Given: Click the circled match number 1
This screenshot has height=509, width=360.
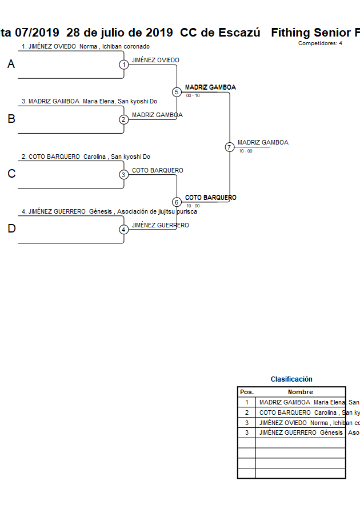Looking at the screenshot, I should click(123, 65).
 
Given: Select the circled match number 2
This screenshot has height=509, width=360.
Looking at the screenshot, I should click(123, 119).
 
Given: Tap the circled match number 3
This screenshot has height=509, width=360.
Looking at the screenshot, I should click(123, 175).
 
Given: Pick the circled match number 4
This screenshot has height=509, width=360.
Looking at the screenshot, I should click(123, 230).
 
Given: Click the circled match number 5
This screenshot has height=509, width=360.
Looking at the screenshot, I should click(177, 92).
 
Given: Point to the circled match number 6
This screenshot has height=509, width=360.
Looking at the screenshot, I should click(177, 202).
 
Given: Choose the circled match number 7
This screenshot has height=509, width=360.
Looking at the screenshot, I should click(230, 147).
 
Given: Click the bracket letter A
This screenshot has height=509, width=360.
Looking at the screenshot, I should click(11, 65).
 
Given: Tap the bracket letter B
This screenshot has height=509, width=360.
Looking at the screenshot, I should click(11, 119).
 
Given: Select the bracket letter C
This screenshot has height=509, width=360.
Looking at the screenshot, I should click(11, 174).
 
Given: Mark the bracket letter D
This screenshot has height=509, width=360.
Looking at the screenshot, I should click(11, 229).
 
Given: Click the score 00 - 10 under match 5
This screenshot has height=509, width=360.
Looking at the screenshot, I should click(193, 96).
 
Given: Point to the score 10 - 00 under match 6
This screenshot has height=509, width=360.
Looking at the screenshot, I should click(193, 206).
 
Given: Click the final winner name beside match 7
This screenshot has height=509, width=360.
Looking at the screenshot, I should click(263, 143).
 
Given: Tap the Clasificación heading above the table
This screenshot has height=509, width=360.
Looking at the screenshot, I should click(291, 379).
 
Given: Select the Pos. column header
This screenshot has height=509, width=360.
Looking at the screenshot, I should click(246, 392).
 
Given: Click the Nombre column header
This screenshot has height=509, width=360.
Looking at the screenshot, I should click(300, 392).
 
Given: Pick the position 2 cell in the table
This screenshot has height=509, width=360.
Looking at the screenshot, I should click(246, 412).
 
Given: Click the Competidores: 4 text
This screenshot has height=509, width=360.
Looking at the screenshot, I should click(320, 43).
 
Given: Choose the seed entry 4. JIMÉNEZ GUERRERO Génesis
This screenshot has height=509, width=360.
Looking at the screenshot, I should click(109, 212).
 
